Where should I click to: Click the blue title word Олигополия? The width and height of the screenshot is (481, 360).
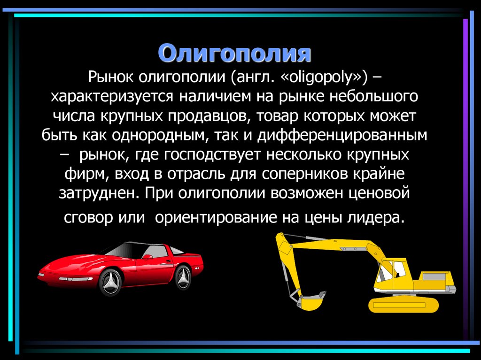tap(234, 54)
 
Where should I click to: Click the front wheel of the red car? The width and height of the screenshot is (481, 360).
tap(109, 281)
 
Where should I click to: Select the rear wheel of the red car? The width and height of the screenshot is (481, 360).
tap(183, 276)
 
